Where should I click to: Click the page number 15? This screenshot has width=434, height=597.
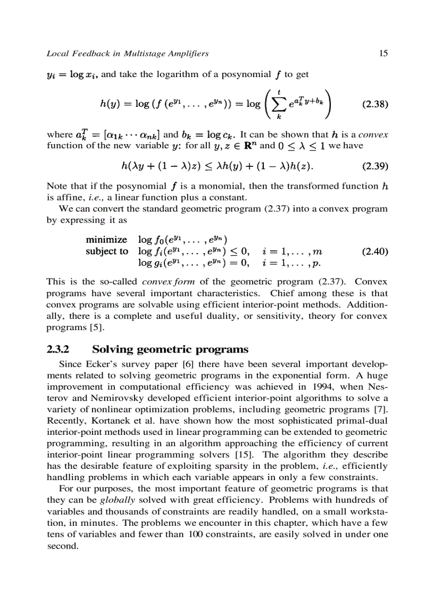pos(383,53)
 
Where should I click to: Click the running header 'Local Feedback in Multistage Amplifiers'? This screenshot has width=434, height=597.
pos(128,53)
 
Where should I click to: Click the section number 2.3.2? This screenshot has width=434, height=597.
pos(58,349)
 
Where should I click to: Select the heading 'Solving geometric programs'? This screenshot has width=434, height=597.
pos(170,349)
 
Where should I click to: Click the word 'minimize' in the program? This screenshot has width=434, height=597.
pos(106,240)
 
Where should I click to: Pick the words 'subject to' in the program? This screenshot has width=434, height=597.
pos(107,251)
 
